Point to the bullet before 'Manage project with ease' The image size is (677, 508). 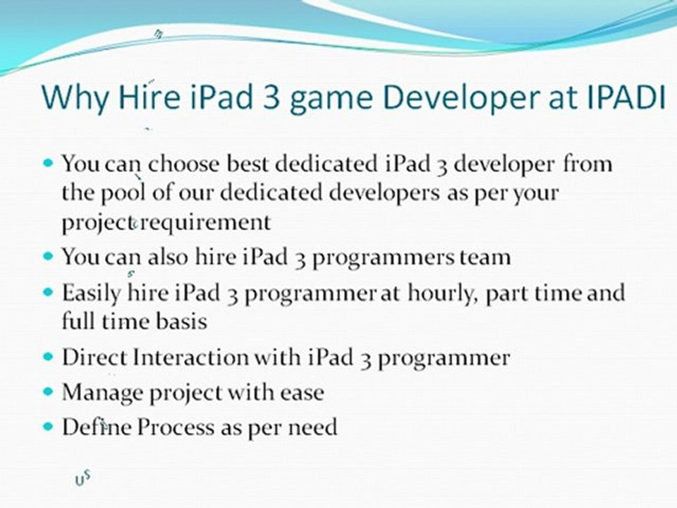coord(49,390)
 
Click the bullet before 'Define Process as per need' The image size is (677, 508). coord(49,426)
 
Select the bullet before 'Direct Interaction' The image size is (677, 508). coord(49,356)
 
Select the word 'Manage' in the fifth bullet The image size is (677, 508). coord(102,392)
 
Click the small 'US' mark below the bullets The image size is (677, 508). coord(83,479)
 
